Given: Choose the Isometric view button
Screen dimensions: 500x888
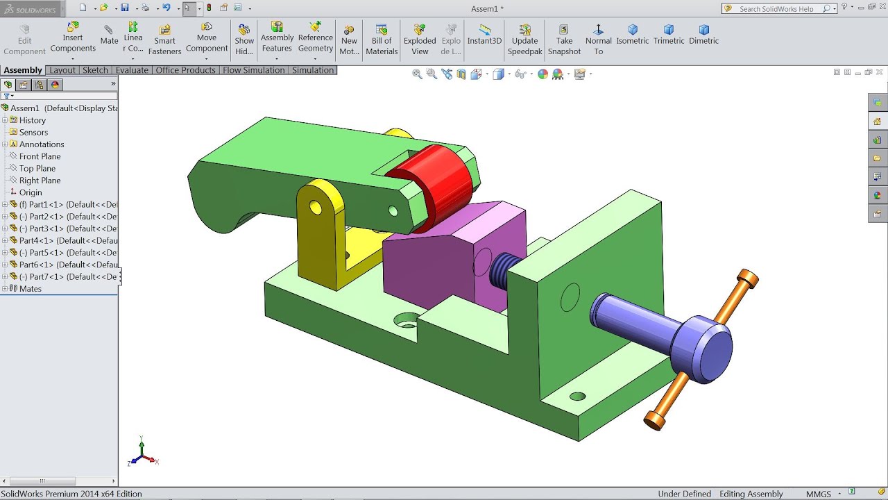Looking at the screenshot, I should tap(633, 35).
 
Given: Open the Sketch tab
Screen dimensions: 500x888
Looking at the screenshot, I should tap(95, 70).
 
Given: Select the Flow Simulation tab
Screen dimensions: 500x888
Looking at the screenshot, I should tap(253, 70).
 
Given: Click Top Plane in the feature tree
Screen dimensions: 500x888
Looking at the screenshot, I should tap(37, 168).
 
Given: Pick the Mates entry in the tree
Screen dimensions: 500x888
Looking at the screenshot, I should tap(30, 289).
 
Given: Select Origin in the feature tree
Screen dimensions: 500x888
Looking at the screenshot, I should tap(31, 192).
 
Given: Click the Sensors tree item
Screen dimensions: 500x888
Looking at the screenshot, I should tap(33, 132).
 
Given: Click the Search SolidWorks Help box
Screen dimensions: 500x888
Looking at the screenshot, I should tap(777, 9).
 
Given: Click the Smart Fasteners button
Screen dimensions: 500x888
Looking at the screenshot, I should tap(164, 40).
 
